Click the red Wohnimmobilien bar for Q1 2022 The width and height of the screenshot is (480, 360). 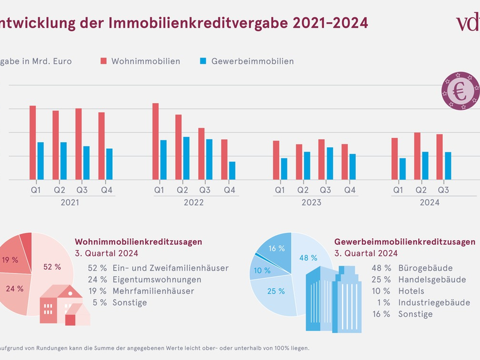click(155, 141)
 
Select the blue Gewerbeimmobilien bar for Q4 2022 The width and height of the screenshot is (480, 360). click(232, 170)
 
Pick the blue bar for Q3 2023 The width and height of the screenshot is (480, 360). click(329, 163)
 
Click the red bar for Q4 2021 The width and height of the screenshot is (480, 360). click(101, 146)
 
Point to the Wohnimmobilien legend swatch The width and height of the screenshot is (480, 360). click(103, 61)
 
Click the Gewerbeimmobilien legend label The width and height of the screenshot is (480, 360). click(252, 61)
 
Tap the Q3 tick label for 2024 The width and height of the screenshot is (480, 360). click(443, 190)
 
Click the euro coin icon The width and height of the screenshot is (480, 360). click(461, 92)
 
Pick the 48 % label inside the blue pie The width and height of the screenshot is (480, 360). click(304, 258)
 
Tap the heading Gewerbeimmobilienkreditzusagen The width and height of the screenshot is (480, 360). click(404, 241)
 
